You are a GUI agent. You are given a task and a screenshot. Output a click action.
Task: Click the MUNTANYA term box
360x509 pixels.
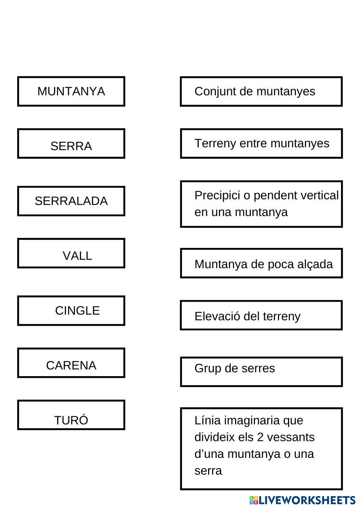point(71,91)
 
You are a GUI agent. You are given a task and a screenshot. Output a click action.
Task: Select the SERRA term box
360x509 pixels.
point(71,144)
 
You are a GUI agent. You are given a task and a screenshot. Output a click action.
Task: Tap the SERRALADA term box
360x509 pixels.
point(71,201)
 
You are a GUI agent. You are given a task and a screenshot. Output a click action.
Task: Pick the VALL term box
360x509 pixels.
point(71,253)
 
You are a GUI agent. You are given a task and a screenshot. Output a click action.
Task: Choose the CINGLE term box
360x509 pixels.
point(71,311)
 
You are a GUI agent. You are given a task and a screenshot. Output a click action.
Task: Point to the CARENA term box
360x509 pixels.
point(71,363)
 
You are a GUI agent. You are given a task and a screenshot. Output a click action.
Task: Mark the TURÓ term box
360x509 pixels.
point(71,415)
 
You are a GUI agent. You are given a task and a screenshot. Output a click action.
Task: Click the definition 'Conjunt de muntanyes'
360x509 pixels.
point(261,91)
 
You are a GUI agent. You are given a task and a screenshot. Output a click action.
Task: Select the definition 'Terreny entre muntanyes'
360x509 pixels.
point(261,144)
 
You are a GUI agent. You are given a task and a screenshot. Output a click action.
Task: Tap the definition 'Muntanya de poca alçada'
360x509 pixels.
point(261,263)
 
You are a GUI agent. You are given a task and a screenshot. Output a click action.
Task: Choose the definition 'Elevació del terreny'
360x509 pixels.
point(261,315)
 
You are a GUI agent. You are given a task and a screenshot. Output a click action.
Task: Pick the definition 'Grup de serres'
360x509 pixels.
point(261,372)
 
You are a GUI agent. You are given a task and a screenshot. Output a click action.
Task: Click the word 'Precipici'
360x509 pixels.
point(217,195)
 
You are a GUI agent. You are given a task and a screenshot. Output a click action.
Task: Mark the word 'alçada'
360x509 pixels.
point(315,264)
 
